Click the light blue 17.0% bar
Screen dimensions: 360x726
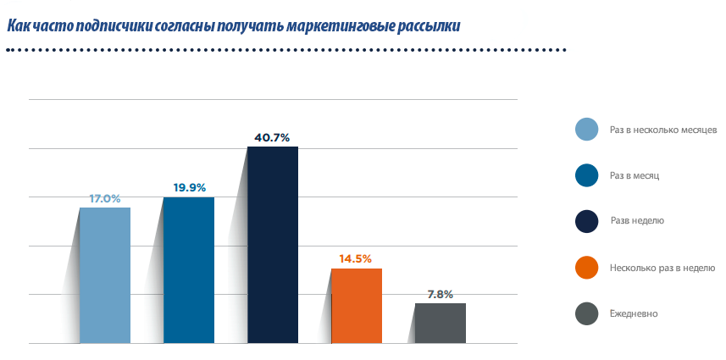(105, 275)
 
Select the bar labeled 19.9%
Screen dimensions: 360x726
(188, 270)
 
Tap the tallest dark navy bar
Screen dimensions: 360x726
(272, 245)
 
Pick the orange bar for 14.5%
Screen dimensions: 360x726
(356, 306)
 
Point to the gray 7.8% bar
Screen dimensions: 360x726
(440, 323)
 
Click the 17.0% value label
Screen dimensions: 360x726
(105, 198)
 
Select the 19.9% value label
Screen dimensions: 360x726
(188, 187)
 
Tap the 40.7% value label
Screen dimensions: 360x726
(272, 136)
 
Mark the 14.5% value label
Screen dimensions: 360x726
(356, 258)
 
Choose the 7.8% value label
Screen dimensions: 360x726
(440, 294)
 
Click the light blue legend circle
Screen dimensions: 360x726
(587, 130)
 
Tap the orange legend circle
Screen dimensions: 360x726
(587, 268)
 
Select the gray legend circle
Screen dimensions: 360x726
(587, 313)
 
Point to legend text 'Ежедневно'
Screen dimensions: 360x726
(634, 313)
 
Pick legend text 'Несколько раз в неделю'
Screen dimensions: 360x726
(662, 268)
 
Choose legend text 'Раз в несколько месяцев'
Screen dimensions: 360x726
(663, 130)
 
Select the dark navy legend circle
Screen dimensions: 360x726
(587, 221)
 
